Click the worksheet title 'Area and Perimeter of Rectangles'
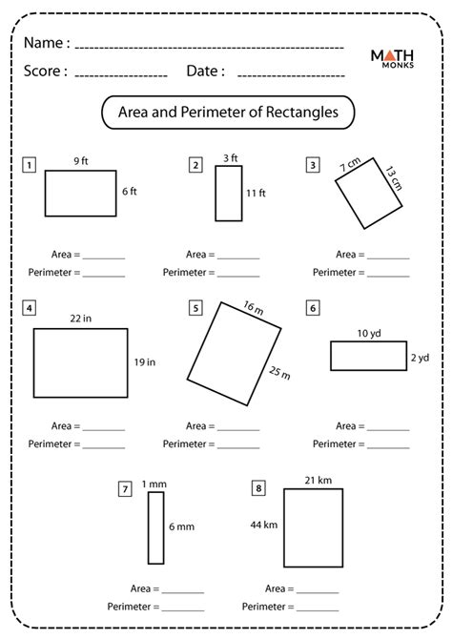point(227,113)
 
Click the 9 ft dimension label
point(80,159)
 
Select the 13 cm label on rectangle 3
point(393,177)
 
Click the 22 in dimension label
point(80,318)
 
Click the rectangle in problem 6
point(367,356)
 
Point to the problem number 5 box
point(195,308)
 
